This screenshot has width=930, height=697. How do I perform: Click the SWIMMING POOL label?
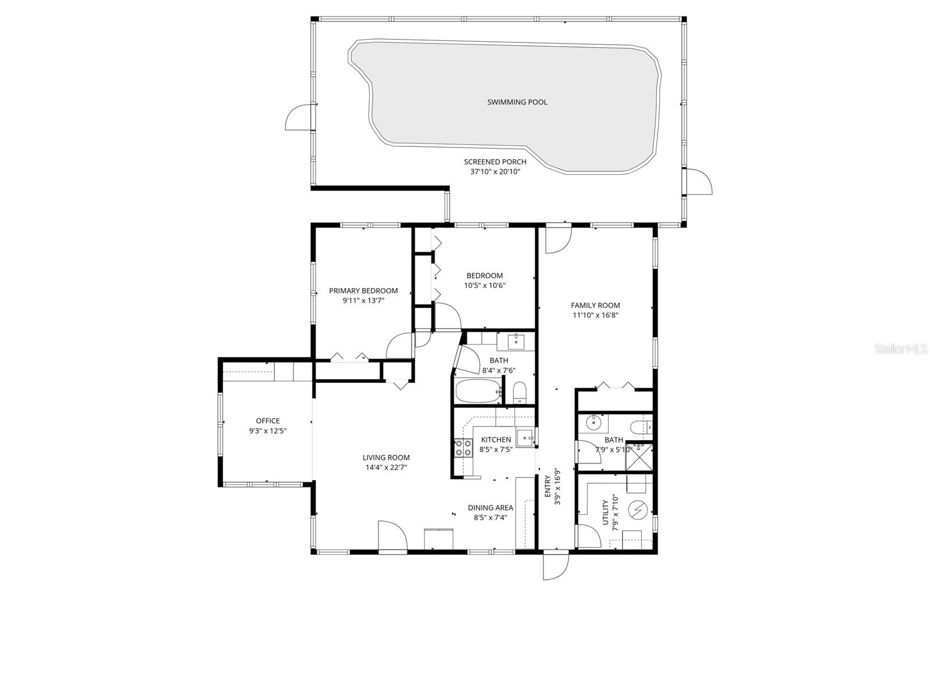click(x=517, y=102)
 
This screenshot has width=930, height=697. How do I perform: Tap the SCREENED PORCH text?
click(x=495, y=161)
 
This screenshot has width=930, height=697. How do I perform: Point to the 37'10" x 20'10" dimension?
click(x=495, y=172)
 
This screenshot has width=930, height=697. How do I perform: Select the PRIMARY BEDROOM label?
click(x=363, y=291)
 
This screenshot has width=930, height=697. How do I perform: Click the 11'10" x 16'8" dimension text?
click(x=595, y=315)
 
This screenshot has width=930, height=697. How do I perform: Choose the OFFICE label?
click(x=268, y=421)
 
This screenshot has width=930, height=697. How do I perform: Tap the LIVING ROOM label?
click(x=386, y=458)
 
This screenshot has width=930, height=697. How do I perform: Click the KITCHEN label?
click(x=496, y=440)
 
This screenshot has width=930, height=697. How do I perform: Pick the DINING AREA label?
click(x=490, y=508)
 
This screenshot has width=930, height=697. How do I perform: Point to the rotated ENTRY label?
click(x=547, y=486)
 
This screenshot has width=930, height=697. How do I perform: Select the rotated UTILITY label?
click(x=606, y=512)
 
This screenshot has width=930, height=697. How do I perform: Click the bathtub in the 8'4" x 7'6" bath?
click(x=478, y=391)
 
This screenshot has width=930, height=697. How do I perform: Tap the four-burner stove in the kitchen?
click(x=463, y=448)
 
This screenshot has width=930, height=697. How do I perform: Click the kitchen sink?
click(x=524, y=437)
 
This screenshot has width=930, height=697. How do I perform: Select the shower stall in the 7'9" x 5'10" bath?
click(x=639, y=457)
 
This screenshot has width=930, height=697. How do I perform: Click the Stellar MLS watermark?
click(x=901, y=348)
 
